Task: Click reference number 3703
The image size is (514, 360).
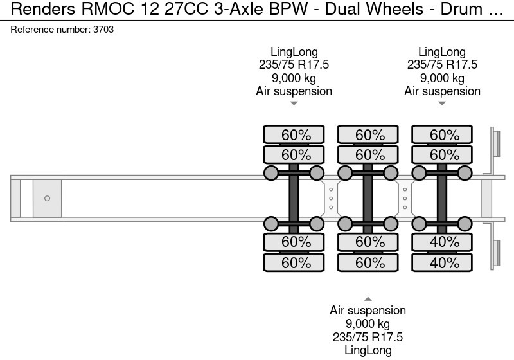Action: pyautogui.click(x=62, y=30)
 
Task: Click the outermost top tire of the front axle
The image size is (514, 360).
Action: pyautogui.click(x=294, y=135)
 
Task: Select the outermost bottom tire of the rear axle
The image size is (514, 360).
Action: pyautogui.click(x=442, y=263)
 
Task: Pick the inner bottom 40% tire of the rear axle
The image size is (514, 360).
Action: pyautogui.click(x=442, y=242)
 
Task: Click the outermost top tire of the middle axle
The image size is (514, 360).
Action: pyautogui.click(x=368, y=135)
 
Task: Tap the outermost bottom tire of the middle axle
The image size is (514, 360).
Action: pyautogui.click(x=368, y=263)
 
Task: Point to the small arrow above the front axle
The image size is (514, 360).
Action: pyautogui.click(x=294, y=104)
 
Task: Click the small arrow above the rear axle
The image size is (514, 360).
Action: pyautogui.click(x=442, y=104)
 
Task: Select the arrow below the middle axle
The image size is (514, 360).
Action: pyautogui.click(x=368, y=298)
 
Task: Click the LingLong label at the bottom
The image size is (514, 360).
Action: pyautogui.click(x=368, y=350)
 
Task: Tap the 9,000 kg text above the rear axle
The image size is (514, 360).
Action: pyautogui.click(x=442, y=78)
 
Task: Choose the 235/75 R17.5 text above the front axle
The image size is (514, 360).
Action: pyautogui.click(x=294, y=65)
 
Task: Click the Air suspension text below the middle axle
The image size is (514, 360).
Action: pyautogui.click(x=368, y=310)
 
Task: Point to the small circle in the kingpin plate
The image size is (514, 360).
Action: pyautogui.click(x=47, y=199)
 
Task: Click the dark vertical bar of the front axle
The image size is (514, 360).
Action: pyautogui.click(x=294, y=199)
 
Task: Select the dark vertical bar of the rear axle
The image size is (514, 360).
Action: pyautogui.click(x=442, y=199)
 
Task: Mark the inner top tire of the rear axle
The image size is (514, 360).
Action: pyautogui.click(x=442, y=155)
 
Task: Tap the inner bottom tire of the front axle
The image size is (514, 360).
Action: pyautogui.click(x=294, y=242)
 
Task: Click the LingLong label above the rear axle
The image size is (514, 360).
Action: pyautogui.click(x=442, y=52)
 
